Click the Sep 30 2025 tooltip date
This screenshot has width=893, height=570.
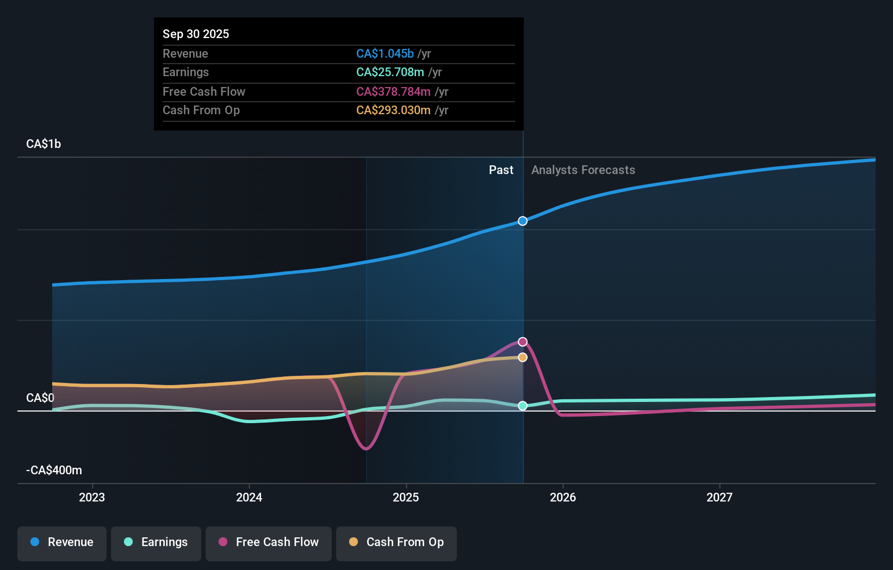196,34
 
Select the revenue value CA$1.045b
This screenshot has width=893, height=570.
385,53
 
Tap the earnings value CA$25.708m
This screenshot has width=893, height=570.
389,72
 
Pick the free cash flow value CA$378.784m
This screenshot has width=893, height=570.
393,91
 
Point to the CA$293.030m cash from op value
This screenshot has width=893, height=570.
393,110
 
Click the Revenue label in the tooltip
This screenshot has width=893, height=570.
185,53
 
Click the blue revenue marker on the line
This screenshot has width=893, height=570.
522,221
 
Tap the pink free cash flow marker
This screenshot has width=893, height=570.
522,342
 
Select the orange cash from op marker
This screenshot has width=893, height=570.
522,357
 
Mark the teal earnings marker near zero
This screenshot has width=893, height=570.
522,406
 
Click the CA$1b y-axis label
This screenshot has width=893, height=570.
44,144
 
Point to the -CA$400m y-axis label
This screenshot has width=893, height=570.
54,470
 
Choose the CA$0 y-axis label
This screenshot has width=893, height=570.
40,398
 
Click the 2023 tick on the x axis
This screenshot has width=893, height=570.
92,497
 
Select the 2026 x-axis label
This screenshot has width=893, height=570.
562,497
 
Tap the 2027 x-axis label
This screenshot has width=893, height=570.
719,497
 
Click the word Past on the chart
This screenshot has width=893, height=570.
501,170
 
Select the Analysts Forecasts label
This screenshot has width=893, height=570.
583,170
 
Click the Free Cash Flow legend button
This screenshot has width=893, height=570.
269,543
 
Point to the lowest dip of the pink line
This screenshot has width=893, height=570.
366,449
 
